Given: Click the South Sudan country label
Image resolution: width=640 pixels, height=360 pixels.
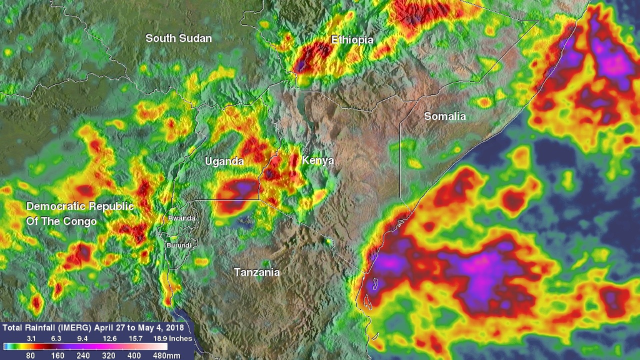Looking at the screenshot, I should tap(179, 39).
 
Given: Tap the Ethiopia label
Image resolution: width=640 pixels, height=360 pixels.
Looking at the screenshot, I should tap(352, 40).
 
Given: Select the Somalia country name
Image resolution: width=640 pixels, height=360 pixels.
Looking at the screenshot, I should tap(445, 116).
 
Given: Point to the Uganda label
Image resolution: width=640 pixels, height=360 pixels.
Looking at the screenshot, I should tap(224, 162).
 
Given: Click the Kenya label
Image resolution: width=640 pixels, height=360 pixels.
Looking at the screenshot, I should tap(317, 161).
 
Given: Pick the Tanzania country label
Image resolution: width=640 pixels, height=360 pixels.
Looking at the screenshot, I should tap(257, 272).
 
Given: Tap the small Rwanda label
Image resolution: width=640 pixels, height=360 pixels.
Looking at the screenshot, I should tap(182, 218).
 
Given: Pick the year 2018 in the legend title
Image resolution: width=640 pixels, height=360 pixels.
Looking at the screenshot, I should tap(176, 327).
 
